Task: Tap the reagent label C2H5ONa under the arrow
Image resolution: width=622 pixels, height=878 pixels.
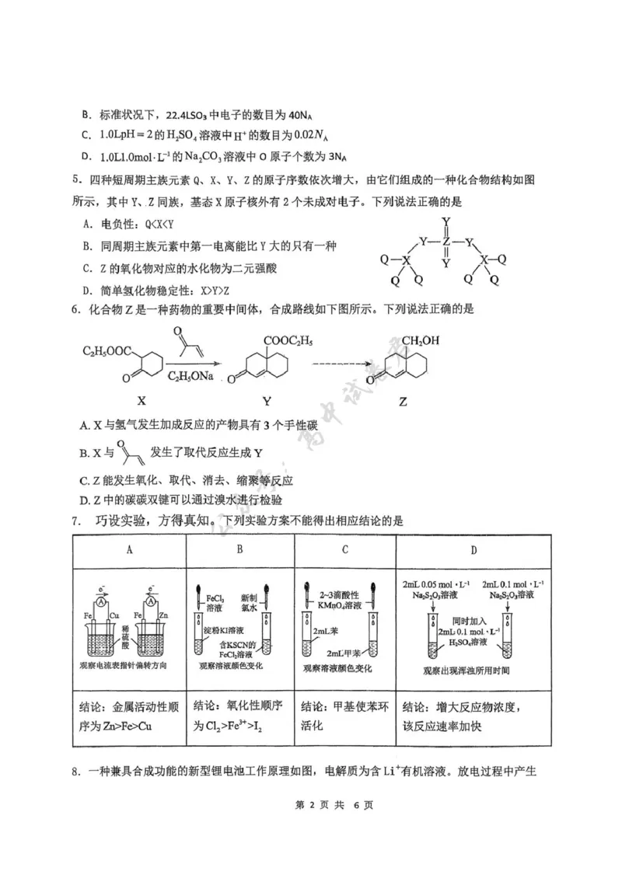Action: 188,376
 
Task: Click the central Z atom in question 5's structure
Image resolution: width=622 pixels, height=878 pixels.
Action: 446,242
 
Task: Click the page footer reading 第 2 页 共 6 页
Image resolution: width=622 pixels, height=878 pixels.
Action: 310,826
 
